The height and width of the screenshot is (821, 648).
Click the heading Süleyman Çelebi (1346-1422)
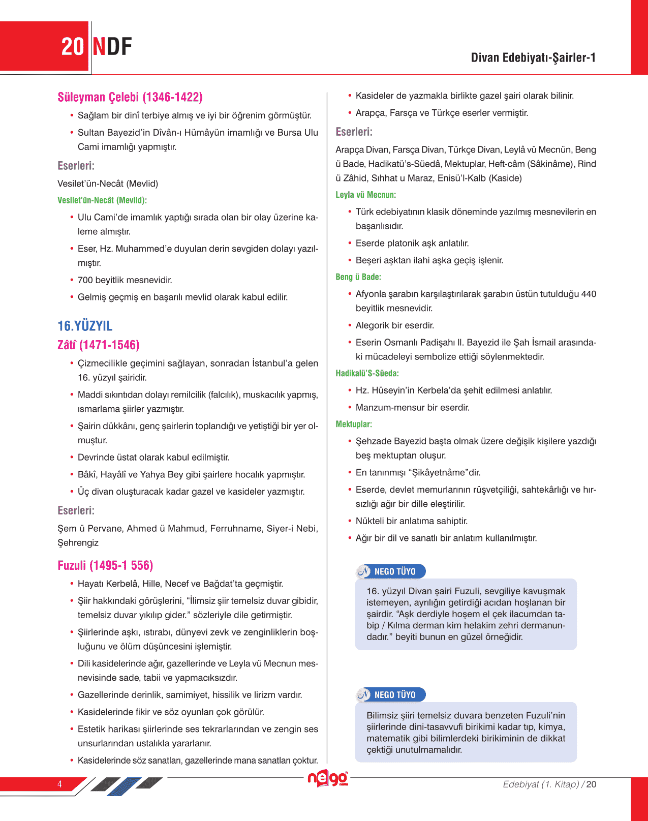tap(130, 97)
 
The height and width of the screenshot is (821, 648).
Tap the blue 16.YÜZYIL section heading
tap(85, 326)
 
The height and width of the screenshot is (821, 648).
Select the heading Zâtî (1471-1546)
tap(98, 345)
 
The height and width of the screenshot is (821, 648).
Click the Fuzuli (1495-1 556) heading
tap(105, 565)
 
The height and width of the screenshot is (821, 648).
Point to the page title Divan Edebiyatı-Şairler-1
tap(533, 57)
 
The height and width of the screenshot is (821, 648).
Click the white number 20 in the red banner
tap(72, 47)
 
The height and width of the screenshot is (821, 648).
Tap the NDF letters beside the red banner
tap(112, 47)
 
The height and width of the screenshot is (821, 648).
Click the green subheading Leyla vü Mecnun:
tap(365, 195)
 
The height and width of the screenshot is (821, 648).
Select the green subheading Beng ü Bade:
tap(358, 277)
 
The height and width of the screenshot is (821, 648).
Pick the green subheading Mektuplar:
tap(354, 424)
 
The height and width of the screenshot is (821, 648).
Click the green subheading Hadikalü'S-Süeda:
tap(367, 373)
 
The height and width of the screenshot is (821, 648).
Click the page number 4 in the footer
tap(59, 784)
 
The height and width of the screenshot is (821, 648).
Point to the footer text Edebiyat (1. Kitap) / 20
tap(549, 784)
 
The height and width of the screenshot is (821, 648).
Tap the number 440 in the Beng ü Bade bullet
tap(589, 294)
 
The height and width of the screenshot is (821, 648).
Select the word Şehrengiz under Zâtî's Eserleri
tap(78, 542)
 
